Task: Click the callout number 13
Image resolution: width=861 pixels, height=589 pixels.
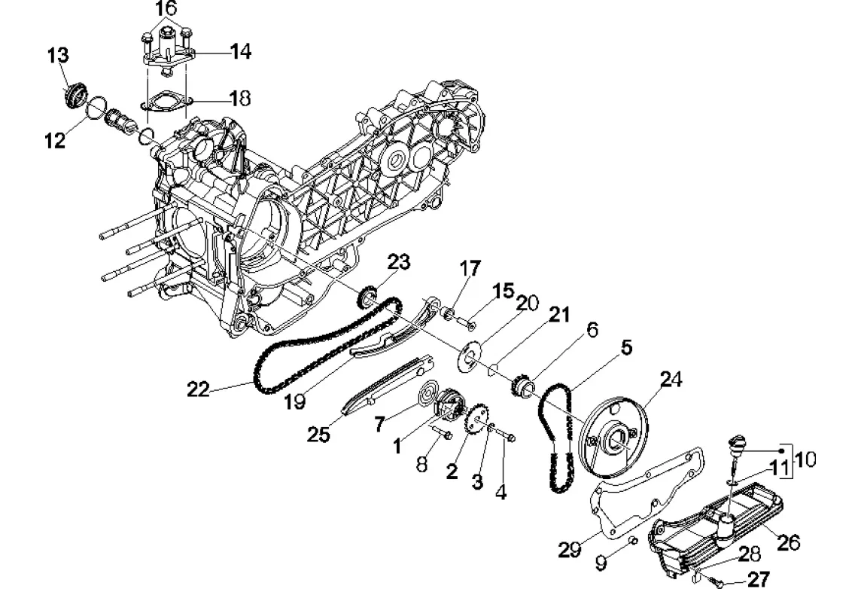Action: tap(58, 56)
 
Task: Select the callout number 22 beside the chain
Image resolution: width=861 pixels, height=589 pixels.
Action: tap(198, 389)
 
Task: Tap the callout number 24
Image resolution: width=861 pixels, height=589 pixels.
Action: tap(671, 380)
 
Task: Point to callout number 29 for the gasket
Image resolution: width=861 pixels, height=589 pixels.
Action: tap(569, 549)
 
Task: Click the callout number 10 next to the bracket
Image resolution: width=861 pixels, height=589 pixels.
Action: tap(805, 459)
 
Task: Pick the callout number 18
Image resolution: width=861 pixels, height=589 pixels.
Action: tap(239, 99)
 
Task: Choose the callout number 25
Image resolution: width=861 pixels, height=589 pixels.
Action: tap(318, 435)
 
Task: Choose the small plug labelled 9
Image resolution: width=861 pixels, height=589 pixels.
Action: tap(632, 541)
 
